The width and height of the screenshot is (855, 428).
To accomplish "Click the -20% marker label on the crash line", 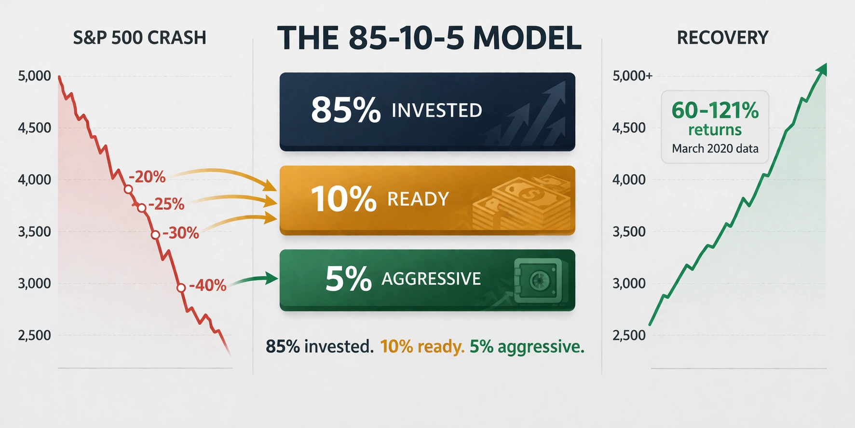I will (x=148, y=177).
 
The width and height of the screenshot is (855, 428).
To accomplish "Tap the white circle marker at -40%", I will (x=181, y=288).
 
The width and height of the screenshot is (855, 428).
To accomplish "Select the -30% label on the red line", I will (x=181, y=233).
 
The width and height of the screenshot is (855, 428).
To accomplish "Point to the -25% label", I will (x=166, y=204).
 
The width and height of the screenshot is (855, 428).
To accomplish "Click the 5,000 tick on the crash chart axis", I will (x=34, y=76).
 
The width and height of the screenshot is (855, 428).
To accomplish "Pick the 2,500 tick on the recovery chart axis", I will (x=629, y=335).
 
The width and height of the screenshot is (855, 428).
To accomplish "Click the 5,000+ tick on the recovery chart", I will (x=632, y=76).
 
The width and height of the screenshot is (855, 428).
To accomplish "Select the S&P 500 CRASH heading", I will (x=139, y=38).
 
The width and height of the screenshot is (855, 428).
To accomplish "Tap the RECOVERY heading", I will (x=722, y=38).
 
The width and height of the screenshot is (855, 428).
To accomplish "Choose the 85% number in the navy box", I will (x=345, y=110).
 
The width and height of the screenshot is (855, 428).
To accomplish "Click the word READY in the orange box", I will (x=418, y=199).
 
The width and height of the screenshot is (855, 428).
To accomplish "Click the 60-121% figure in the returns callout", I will (x=715, y=110).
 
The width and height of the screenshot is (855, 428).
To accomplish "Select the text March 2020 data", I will (x=715, y=148).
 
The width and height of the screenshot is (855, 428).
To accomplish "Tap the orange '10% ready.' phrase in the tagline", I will (x=422, y=346).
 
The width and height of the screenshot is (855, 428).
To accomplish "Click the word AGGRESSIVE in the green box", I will (x=431, y=279).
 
